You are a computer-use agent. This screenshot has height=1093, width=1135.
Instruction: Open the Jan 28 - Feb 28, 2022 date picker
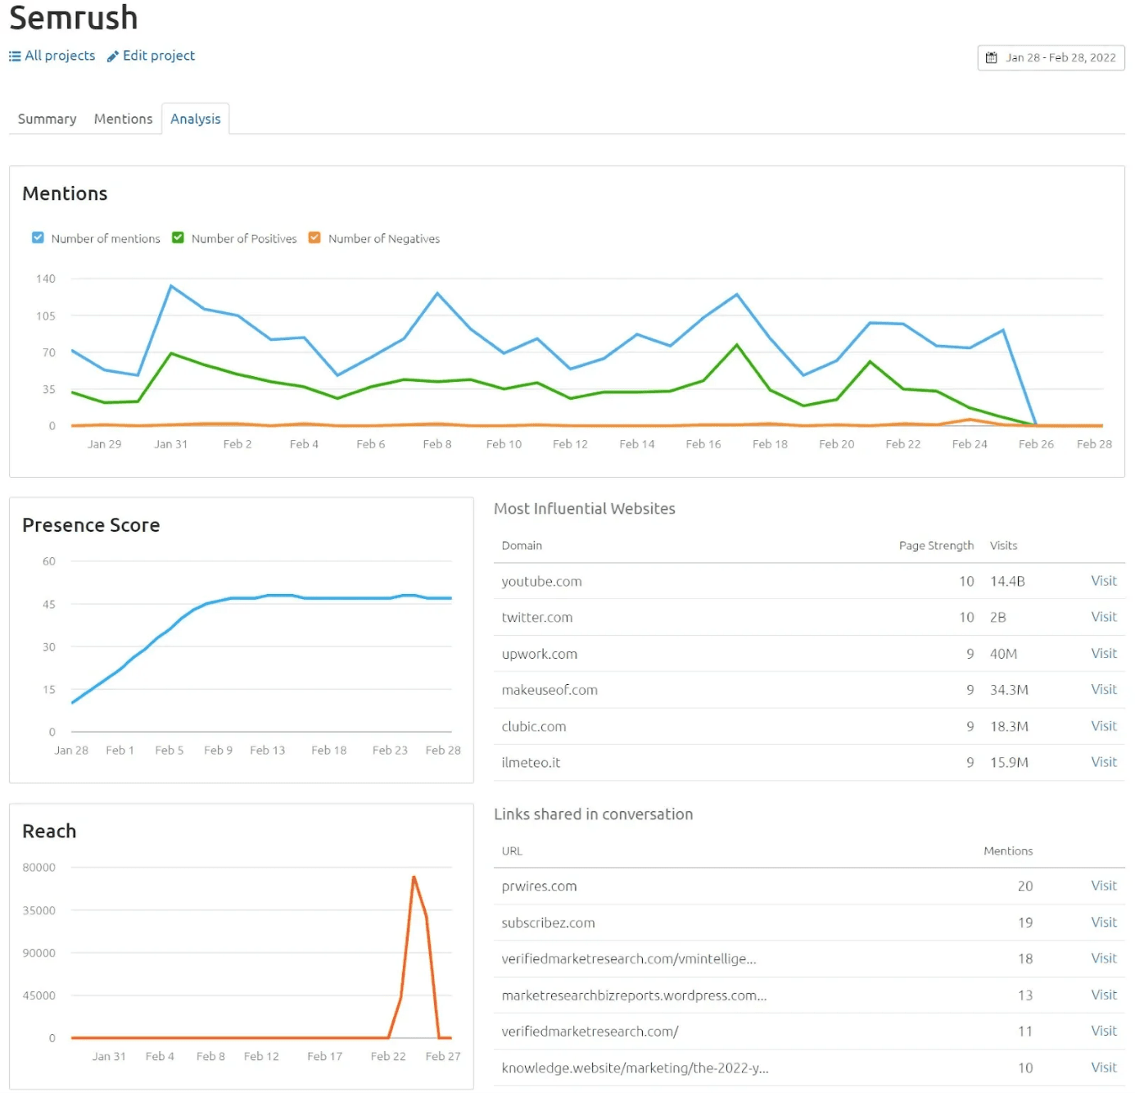tap(1051, 58)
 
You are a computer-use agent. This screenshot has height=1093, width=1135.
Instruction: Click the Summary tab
tap(47, 119)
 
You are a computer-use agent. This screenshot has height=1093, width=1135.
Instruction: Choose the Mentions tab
tap(123, 119)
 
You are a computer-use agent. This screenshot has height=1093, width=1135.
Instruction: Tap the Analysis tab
tap(195, 119)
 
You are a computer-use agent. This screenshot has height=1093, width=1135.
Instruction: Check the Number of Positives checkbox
tap(178, 238)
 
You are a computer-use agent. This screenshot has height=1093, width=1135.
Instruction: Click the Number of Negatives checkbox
tap(314, 238)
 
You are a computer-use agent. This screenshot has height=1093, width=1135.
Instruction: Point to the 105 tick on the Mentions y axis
tap(46, 315)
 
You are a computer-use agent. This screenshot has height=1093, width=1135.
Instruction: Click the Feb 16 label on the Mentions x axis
tap(703, 444)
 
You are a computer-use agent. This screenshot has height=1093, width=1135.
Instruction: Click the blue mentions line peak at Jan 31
tap(170, 286)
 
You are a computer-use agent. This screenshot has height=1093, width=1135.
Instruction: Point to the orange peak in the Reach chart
tap(414, 878)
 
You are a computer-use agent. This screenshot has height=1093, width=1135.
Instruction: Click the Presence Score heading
tap(91, 525)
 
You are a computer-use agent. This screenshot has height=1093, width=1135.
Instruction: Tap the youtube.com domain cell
tap(541, 582)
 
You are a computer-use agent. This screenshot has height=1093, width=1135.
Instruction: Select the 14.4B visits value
tap(1007, 582)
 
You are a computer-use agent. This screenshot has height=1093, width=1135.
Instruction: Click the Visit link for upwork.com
tap(1103, 654)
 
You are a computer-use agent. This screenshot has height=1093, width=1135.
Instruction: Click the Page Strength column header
tap(936, 546)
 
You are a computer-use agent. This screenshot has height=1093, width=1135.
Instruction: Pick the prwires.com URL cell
tap(539, 887)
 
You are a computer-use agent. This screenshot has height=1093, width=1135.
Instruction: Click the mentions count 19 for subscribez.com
tap(1024, 923)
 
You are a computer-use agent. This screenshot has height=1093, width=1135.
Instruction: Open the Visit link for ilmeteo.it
tap(1103, 762)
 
